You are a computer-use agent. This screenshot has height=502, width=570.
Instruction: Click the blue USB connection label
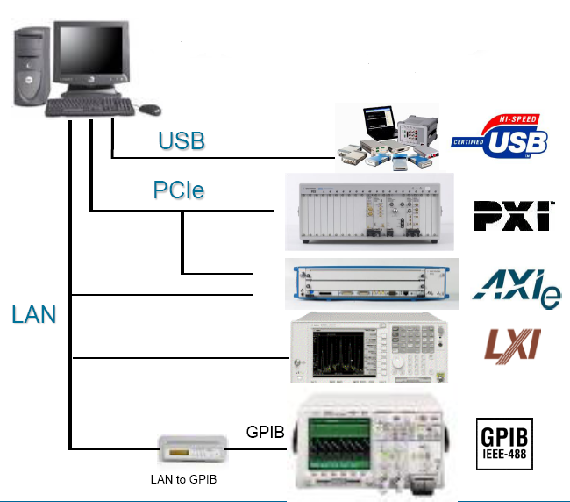[182, 140]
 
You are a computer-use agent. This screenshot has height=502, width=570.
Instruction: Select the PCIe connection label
[179, 190]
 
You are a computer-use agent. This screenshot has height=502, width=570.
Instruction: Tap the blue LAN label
[34, 315]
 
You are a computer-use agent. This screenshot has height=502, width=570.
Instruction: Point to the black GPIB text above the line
[264, 432]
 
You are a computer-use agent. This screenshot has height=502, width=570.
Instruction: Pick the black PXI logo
[511, 215]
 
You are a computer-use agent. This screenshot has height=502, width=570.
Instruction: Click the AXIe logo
[517, 286]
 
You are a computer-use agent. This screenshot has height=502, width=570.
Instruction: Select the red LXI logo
[513, 346]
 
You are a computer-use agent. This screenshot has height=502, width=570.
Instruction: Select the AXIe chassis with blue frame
[373, 283]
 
